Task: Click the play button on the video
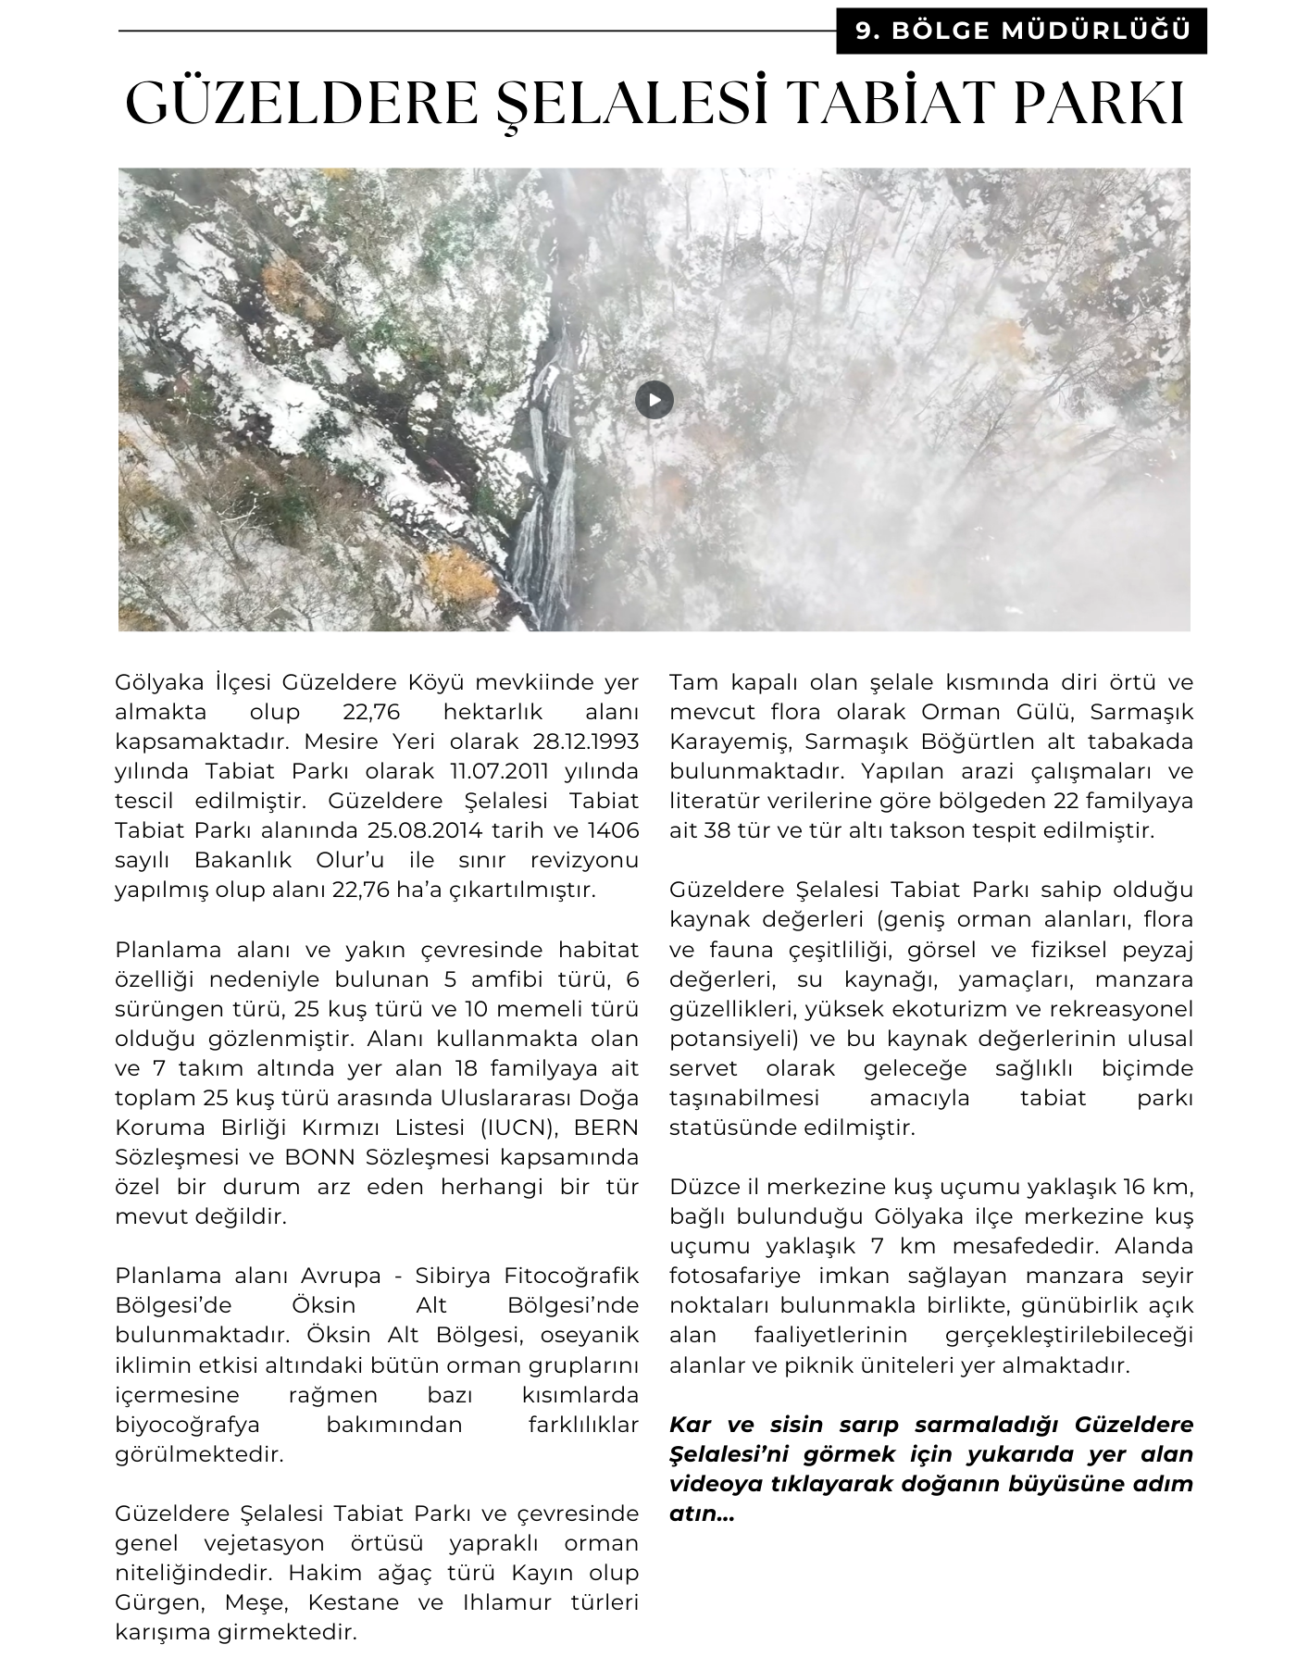[x=654, y=400]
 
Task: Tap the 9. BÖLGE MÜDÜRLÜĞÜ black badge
[x=1022, y=31]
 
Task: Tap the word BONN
[x=318, y=1157]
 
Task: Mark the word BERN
[x=606, y=1128]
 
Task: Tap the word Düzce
[x=704, y=1187]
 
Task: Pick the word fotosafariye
[x=735, y=1276]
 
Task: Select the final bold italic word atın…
[x=701, y=1514]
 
